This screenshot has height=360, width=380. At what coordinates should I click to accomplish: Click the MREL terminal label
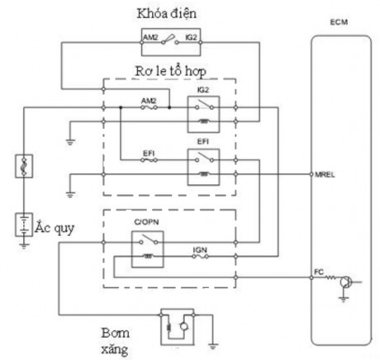(323, 175)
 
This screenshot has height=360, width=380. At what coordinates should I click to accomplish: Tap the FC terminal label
(319, 270)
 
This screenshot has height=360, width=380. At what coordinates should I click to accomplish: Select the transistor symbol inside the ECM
(346, 282)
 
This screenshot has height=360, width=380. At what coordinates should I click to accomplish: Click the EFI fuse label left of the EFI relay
(150, 153)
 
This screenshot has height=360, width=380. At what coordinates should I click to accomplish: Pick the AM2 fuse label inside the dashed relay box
(150, 99)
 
